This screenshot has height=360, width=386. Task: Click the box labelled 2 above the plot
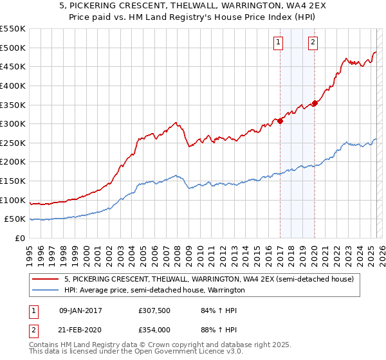(313, 43)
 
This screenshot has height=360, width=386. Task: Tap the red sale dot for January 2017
(280, 121)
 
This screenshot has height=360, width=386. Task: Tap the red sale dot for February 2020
(315, 103)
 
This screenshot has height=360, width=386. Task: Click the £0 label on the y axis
(19, 238)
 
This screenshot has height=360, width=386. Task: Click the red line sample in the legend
(46, 280)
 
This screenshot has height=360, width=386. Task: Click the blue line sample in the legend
(46, 291)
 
